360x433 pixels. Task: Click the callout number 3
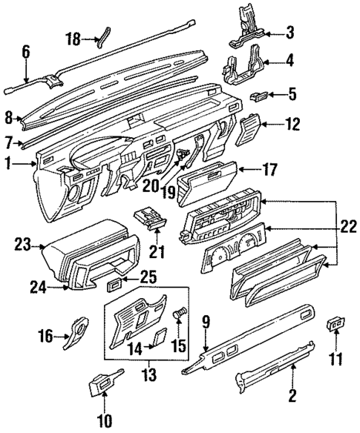[292, 33]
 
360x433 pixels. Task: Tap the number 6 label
[26, 52]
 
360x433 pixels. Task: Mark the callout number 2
[292, 396]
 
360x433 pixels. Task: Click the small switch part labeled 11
[336, 323]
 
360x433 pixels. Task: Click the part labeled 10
[102, 386]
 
